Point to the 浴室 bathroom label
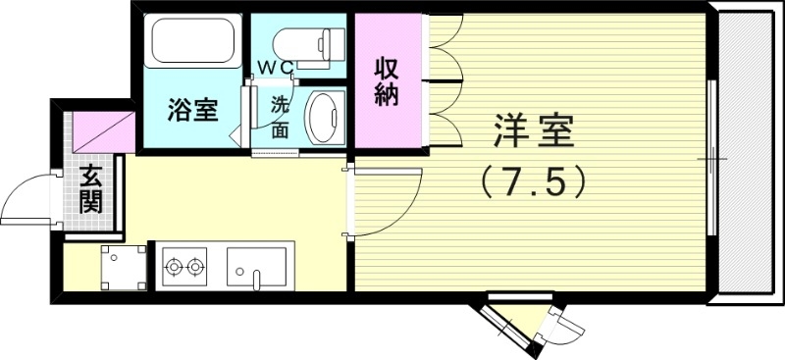[191, 110]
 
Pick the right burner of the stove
[195, 265]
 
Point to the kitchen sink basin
[256, 266]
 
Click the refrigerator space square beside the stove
[123, 268]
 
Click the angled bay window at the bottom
[530, 324]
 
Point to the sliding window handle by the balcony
[713, 158]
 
